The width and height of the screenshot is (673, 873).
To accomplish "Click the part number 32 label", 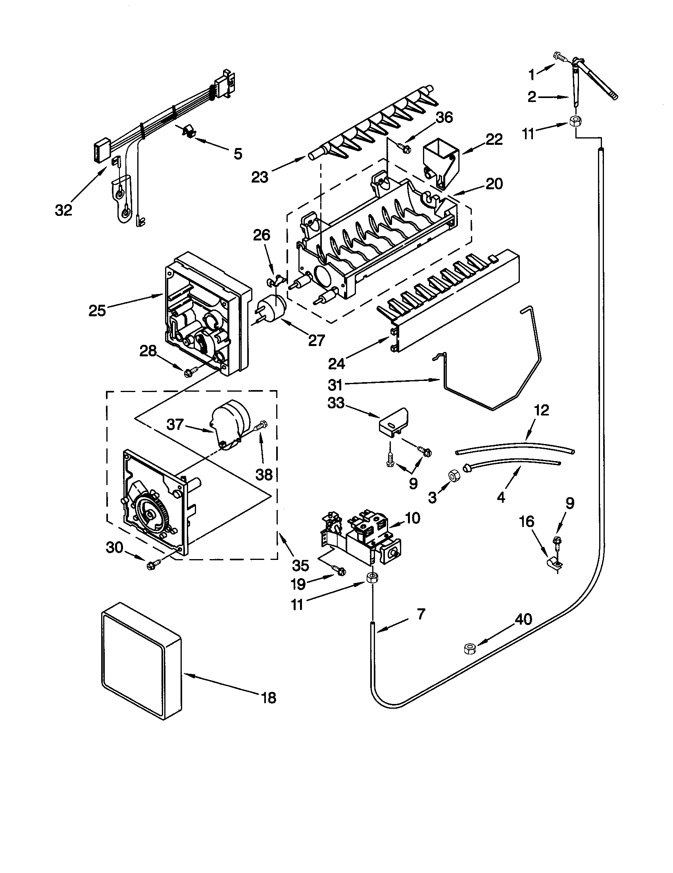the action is coord(63,210).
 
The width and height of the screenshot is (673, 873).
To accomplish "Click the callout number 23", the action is coord(260,177).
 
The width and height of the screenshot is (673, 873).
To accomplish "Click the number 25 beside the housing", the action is coord(97,311).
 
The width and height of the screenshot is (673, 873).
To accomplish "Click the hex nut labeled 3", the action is coord(454,476).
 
